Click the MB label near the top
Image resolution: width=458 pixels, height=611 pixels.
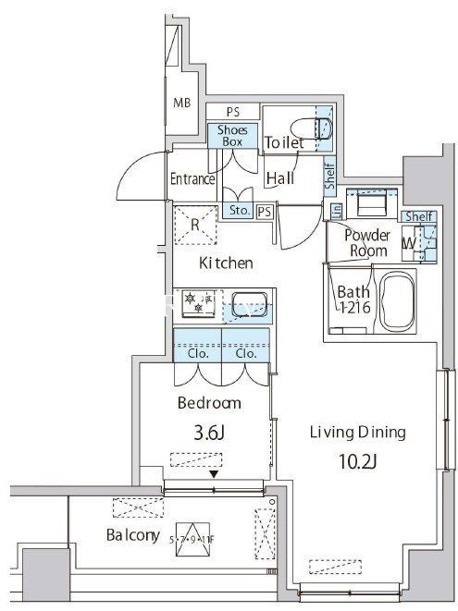pos(183,102)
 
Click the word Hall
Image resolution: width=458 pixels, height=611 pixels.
pos(281,178)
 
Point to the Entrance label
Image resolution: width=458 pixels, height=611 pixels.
pos(192,179)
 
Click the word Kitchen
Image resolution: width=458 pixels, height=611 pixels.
pos(226,263)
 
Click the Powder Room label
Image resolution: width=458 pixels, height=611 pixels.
pos(365,243)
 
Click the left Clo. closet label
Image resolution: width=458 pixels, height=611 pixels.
pos(198,353)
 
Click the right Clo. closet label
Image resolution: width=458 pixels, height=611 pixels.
pos(246,353)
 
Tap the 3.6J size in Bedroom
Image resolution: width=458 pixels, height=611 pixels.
pos(208,433)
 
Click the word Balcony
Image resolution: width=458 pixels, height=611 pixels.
pos(133,535)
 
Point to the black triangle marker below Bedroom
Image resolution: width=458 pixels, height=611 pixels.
pos(215,475)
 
